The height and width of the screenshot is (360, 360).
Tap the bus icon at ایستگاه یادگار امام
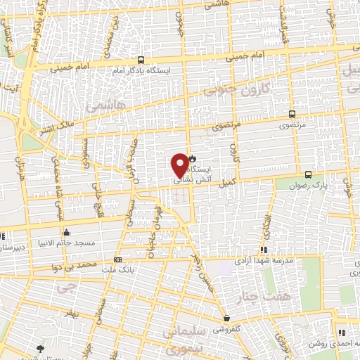pyautogui.click(x=141, y=60)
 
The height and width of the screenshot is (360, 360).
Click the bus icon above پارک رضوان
pyautogui.click(x=308, y=174)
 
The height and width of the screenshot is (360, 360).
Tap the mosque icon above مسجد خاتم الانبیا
pyautogui.click(x=66, y=232)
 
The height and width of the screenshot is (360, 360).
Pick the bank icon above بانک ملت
pyautogui.click(x=117, y=259)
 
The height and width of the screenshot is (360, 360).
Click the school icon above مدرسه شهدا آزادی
pyautogui.click(x=264, y=250)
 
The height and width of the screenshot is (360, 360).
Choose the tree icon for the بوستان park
pyautogui.click(x=40, y=349)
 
